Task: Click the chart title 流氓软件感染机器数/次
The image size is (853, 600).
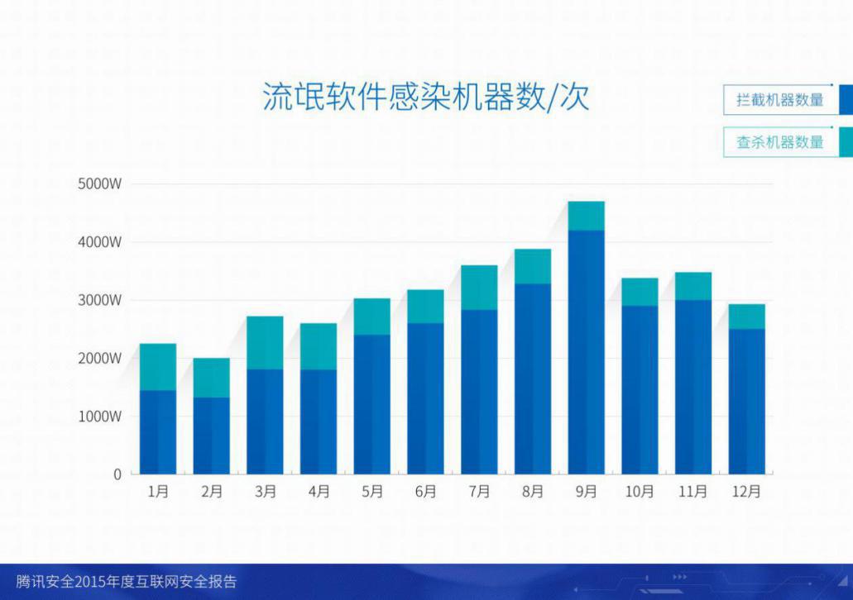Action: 426,98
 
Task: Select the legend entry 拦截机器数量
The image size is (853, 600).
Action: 779,100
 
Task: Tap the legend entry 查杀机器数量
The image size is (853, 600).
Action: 779,142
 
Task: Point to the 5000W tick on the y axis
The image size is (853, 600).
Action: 99,183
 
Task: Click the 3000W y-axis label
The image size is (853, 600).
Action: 99,300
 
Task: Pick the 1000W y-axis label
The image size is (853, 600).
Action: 99,417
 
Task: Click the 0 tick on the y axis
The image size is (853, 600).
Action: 117,474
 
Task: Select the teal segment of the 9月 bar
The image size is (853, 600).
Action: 587,216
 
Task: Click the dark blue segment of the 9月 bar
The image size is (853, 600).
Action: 587,352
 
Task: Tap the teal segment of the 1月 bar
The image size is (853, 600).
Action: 158,367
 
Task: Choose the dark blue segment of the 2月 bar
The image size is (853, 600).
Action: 212,436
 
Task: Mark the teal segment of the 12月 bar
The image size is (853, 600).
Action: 747,317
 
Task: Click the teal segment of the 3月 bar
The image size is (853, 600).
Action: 265,343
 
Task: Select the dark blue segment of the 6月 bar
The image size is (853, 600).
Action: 425,399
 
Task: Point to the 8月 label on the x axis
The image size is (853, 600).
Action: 533,491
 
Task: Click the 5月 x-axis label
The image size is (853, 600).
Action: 372,491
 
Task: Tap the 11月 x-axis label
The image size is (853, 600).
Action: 693,491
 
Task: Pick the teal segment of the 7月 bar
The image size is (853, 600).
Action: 479,288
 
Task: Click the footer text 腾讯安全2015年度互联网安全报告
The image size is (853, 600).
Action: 127,582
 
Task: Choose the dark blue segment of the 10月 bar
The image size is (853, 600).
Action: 640,390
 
